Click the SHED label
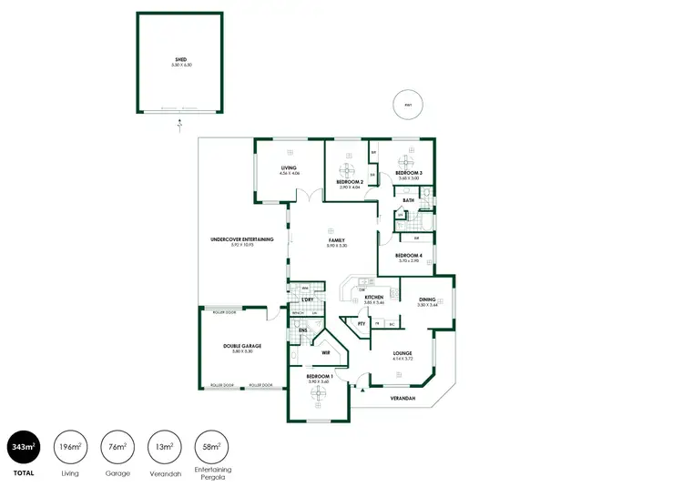click(179, 60)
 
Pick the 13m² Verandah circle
click(165, 445)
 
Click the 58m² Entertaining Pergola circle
click(213, 445)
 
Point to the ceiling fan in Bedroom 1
click(319, 392)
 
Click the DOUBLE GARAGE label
click(241, 346)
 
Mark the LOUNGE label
click(403, 353)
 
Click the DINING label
click(427, 299)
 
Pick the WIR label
click(325, 351)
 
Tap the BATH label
click(408, 200)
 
